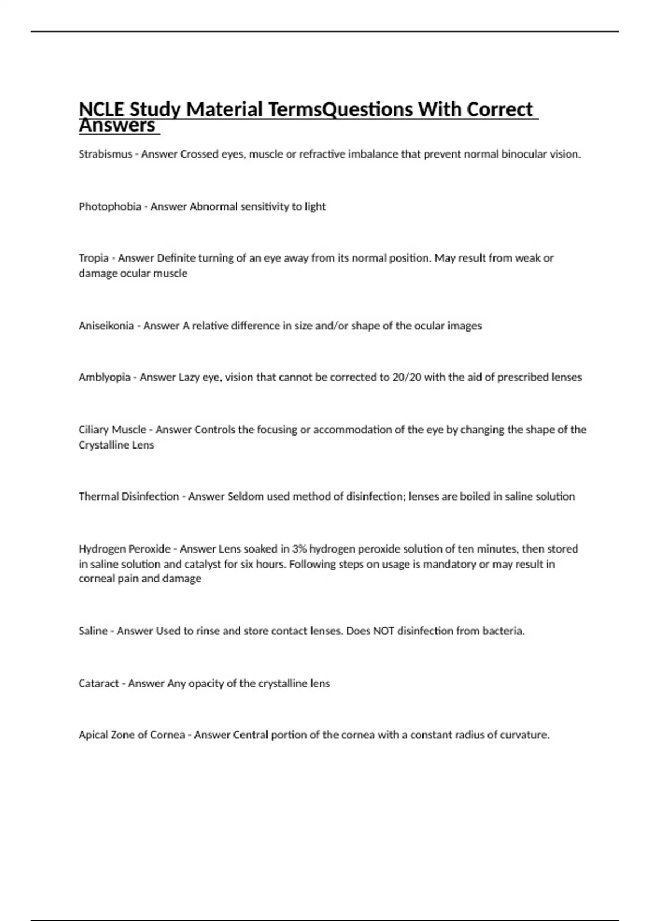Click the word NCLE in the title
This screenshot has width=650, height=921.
click(x=101, y=109)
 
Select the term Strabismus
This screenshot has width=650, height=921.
click(x=105, y=154)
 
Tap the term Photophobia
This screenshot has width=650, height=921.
click(x=110, y=206)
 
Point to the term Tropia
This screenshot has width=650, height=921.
click(x=93, y=258)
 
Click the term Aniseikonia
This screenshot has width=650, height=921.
click(x=106, y=326)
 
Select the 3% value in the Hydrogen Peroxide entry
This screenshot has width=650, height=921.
click(x=299, y=549)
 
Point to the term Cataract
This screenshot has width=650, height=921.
click(x=99, y=683)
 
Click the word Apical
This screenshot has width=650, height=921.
click(x=93, y=735)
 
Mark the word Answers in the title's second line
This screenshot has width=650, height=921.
click(x=117, y=126)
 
